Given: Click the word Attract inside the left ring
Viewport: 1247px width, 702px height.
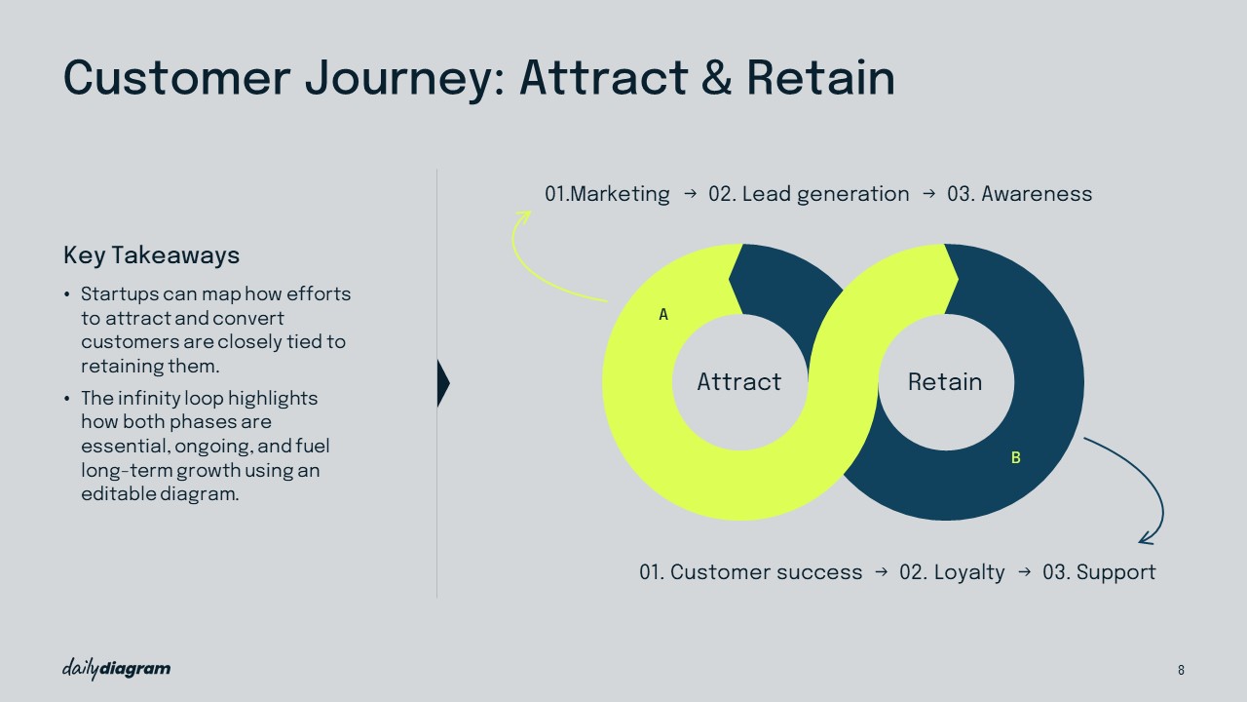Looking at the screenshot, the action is pos(738,382).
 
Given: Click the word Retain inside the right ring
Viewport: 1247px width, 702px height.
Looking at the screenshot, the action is pos(945,382).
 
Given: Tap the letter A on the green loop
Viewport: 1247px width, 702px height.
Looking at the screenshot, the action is pos(663,315).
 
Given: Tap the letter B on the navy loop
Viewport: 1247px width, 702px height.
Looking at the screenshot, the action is pos(1015,458).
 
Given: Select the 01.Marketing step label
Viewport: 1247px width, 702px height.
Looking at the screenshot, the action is pos(607,194).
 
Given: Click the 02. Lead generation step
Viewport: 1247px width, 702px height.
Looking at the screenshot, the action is pos(809,194).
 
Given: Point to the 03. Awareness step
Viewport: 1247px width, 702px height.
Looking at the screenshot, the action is pos(1019,194).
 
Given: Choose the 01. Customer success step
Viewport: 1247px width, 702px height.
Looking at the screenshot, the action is pos(750,572).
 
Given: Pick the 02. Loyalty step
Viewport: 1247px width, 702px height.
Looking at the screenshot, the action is pos(952,572).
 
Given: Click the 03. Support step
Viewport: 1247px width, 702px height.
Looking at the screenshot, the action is pos(1099,572).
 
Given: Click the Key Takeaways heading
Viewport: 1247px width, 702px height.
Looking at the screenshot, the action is pos(151,255).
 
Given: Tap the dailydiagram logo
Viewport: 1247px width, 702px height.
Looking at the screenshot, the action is pos(116,669).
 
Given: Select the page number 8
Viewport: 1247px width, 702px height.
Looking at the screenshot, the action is pos(1181,670).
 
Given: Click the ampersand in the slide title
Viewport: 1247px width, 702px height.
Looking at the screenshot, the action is pos(716,77).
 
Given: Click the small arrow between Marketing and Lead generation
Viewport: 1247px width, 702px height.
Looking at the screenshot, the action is pos(690,194).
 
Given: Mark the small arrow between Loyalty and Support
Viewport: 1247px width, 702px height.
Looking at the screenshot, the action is pos(1024,572).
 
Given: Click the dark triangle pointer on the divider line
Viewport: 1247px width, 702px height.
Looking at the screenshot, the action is pos(443,383).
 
